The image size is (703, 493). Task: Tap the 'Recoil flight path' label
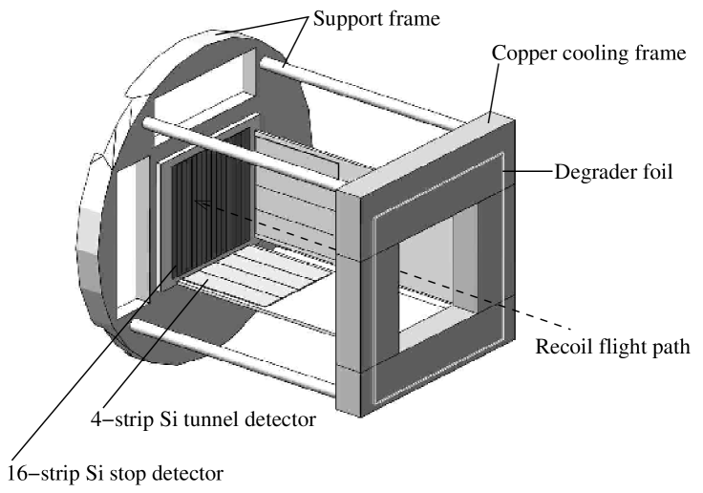click(612, 345)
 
